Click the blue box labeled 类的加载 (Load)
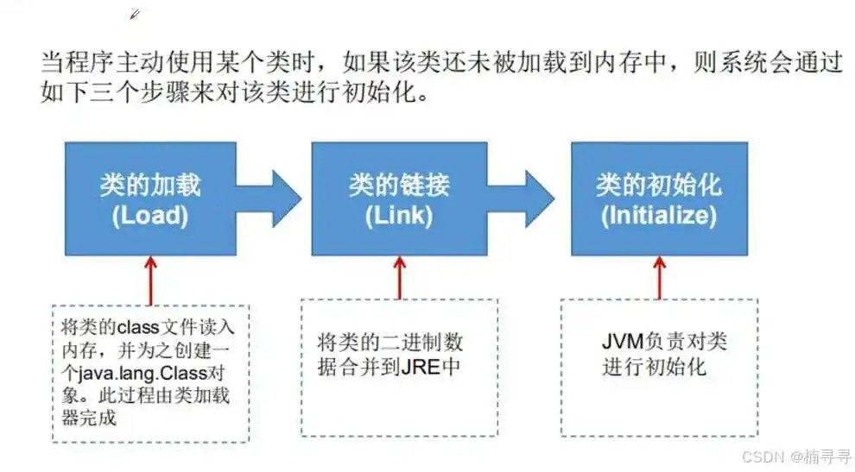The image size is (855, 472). click(150, 198)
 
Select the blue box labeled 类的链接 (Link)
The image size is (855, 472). click(399, 198)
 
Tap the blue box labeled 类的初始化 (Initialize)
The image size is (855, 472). click(659, 198)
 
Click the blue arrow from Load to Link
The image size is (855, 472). click(269, 198)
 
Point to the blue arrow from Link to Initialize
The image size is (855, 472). click(521, 198)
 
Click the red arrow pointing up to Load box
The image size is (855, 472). click(150, 280)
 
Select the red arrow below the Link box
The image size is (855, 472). click(400, 278)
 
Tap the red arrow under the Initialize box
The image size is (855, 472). click(659, 278)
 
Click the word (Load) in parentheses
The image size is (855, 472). click(150, 216)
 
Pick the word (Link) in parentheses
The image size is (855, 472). click(399, 216)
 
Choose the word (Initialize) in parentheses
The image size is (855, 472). click(659, 216)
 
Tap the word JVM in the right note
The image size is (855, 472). click(624, 342)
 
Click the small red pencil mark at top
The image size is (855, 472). click(135, 14)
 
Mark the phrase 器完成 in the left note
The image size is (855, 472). click(89, 418)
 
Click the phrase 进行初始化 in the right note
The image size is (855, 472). click(654, 366)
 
